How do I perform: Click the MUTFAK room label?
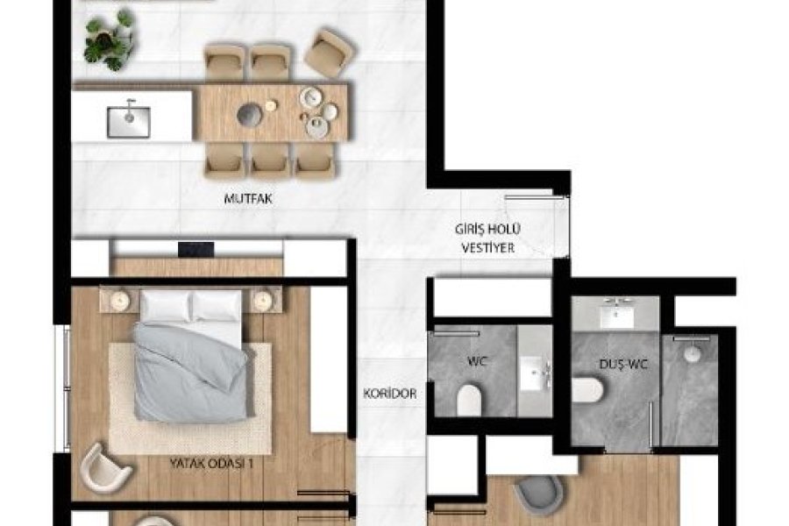tap(248, 198)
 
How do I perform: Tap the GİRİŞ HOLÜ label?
tap(487, 230)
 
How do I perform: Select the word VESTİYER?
tap(488, 247)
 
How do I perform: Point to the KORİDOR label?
tap(390, 394)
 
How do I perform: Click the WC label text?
tap(477, 361)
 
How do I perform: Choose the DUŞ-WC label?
tap(623, 364)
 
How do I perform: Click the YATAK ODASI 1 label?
tap(211, 463)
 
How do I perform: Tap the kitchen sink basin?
tap(128, 122)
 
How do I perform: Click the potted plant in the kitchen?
tap(110, 40)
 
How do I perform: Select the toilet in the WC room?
tap(469, 401)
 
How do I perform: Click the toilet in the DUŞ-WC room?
tap(587, 390)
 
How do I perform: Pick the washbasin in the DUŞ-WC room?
tap(617, 315)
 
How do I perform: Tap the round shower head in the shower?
tap(693, 354)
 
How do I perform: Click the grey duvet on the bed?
tap(191, 373)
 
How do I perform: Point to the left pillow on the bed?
tap(166, 306)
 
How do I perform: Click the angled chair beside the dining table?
tap(330, 53)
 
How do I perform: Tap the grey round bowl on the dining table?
tap(250, 114)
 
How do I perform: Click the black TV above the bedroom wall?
tap(195, 250)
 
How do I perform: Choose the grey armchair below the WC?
tap(538, 493)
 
